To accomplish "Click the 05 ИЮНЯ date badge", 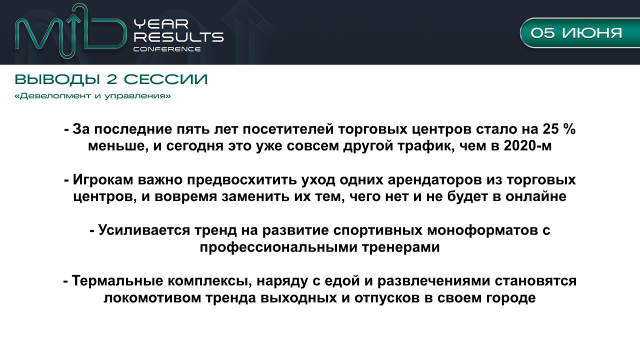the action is coord(580,33).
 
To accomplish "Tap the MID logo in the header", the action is coord(71,31).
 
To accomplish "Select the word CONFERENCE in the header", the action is coord(167,49).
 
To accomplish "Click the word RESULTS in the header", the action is coord(178,37).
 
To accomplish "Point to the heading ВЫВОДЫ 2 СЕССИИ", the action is coord(111,79).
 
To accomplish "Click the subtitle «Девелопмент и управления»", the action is coord(92,95).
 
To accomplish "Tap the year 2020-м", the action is coord(527,145).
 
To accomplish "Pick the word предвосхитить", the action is coord(241,180).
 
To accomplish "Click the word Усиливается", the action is coord(144,230).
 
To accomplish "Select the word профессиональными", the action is coord(278,247).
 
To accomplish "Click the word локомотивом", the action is coord(152,297).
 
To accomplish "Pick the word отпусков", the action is coord(387,297).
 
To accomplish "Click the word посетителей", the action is coord(288,129).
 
